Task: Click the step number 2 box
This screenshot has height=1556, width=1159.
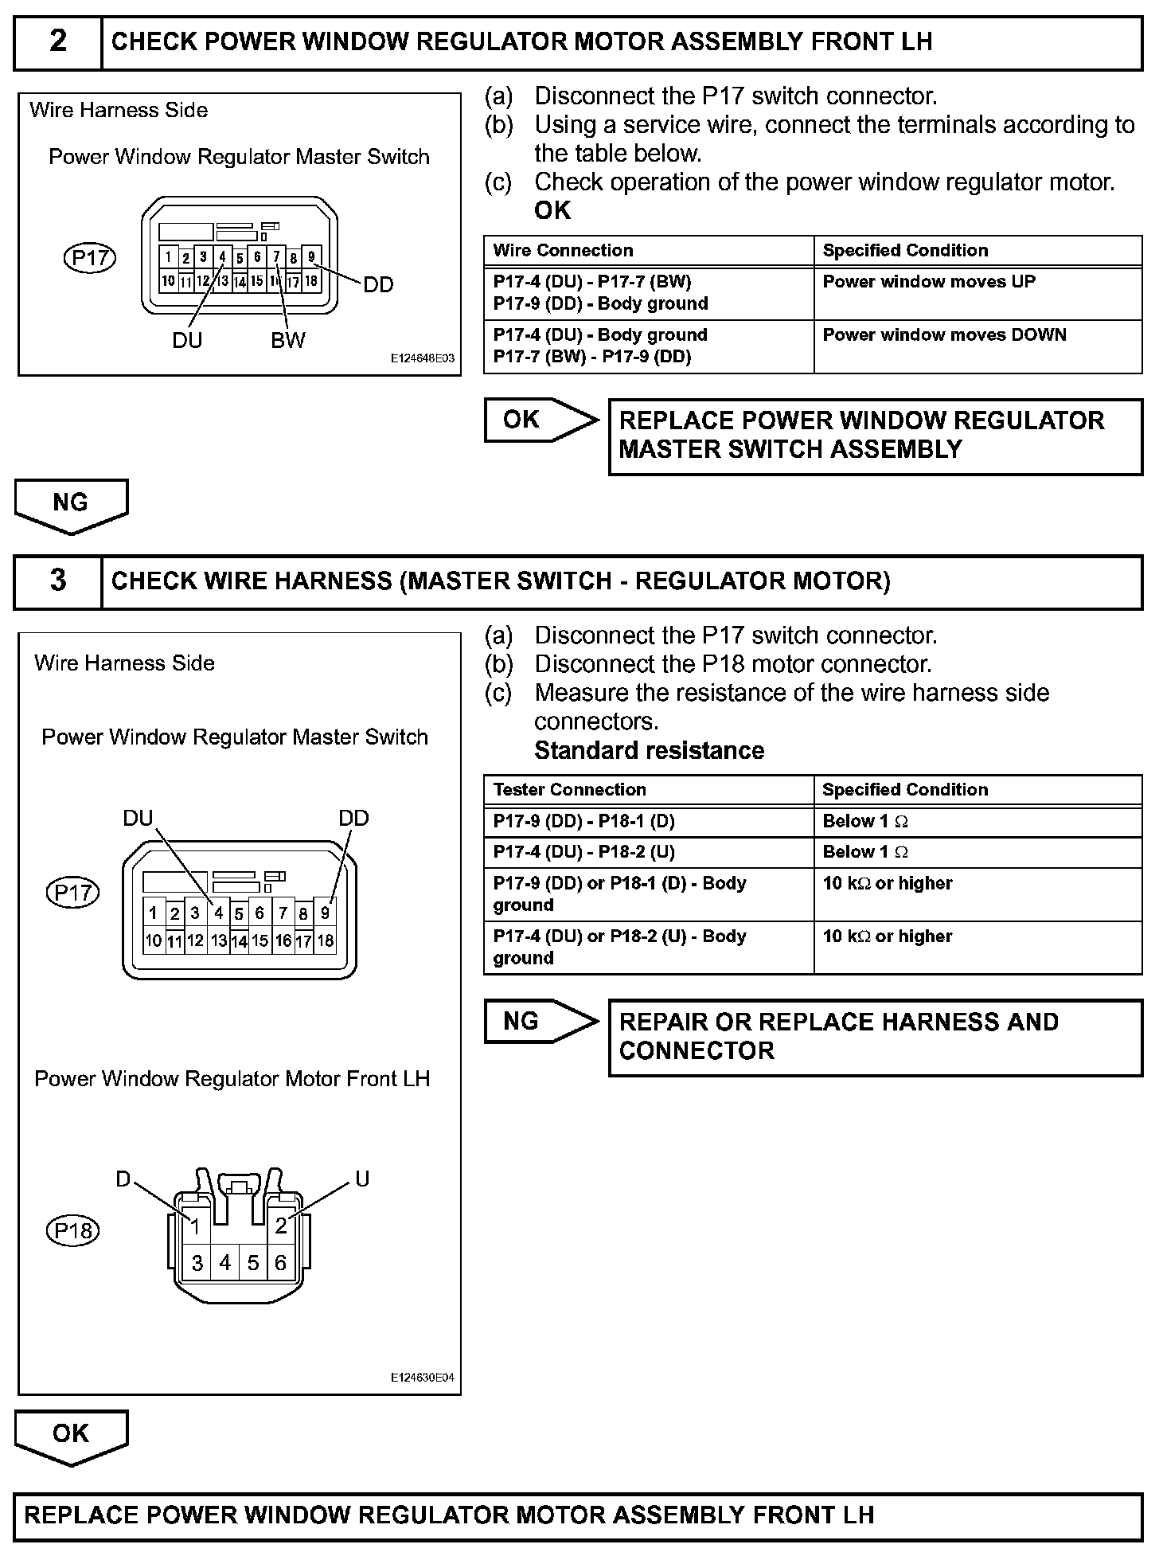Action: coord(58,42)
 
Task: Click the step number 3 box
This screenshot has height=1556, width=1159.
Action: coord(58,581)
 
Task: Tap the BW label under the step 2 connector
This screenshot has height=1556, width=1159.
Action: coord(287,341)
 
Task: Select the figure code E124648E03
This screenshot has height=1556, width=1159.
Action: coord(422,359)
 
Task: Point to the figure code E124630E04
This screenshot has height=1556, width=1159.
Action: coord(422,1378)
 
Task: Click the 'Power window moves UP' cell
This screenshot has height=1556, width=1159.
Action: coord(929,282)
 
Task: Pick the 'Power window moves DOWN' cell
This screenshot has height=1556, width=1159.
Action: coord(944,335)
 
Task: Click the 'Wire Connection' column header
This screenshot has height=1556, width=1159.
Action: coord(563,251)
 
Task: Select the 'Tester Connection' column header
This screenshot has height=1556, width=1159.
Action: coord(569,790)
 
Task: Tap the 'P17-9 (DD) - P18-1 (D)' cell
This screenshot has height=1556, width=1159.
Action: coord(583,821)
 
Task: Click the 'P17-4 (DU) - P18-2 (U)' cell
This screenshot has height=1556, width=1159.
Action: coord(583,852)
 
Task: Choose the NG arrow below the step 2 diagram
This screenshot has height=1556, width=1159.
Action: coord(71,505)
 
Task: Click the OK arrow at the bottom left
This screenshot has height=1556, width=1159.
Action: coord(71,1436)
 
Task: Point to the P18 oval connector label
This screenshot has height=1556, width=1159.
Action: coord(73,1231)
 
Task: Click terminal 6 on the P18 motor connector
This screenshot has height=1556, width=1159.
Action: coord(280,1262)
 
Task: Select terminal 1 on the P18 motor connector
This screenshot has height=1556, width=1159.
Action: coord(195,1227)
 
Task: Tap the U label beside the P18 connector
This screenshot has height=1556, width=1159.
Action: coord(362,1179)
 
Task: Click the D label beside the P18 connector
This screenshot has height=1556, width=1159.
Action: coord(123,1179)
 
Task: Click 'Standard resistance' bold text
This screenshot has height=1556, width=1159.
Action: coord(649,751)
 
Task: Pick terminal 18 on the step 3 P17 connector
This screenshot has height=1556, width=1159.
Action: coord(326,940)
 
